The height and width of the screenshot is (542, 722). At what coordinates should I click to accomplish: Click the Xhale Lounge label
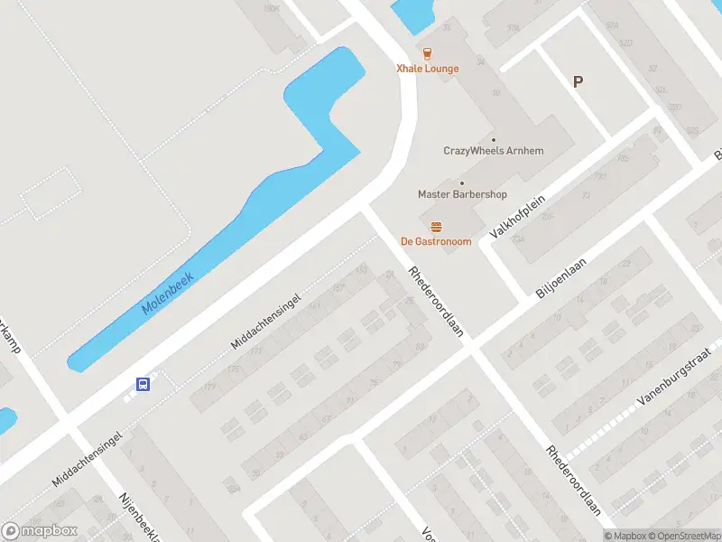(428, 69)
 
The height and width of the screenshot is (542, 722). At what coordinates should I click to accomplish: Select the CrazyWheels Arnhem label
(494, 151)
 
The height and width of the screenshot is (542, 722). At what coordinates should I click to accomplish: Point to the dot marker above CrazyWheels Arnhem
(493, 139)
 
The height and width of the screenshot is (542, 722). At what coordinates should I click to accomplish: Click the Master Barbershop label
(462, 194)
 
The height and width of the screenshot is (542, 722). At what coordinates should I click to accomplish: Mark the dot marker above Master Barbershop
(462, 182)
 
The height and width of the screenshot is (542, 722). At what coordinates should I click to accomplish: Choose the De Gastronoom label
(436, 241)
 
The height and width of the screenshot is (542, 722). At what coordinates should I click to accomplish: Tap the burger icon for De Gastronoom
(436, 226)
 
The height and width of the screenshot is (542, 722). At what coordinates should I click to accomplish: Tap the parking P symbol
(578, 81)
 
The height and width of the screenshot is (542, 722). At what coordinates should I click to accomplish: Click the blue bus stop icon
(143, 384)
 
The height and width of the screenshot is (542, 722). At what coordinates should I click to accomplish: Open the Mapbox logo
(40, 531)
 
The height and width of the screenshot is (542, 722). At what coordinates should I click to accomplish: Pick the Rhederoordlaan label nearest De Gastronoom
(436, 301)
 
